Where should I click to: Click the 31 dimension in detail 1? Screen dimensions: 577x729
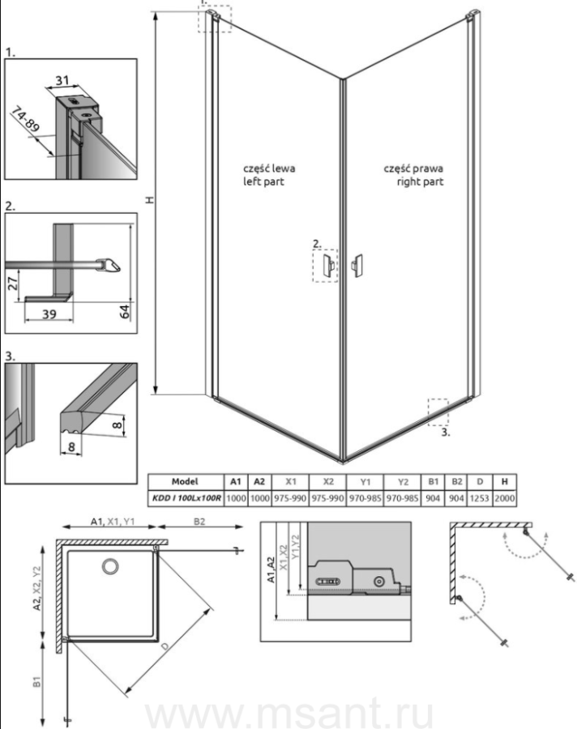coord(62,80)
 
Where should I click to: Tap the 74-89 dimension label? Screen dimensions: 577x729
coord(25,120)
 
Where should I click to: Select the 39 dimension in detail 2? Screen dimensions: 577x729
coord(49,314)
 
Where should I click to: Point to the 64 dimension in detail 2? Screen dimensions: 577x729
coord(125,312)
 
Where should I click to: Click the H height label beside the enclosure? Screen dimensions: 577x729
coord(149,200)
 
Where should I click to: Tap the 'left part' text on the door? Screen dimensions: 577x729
coord(263,181)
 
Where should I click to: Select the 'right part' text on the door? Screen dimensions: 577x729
coord(420,181)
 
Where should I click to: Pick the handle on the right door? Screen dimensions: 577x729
coord(357,266)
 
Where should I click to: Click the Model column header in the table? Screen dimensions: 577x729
coord(185,482)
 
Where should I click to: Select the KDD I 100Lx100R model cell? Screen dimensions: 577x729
coord(186,498)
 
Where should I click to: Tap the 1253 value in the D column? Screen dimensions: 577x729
coord(479,498)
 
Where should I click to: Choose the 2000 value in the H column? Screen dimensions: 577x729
coord(504,498)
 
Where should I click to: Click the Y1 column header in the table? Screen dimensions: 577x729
coord(365,482)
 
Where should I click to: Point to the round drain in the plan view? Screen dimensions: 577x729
coord(110,566)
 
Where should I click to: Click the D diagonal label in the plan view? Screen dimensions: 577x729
coord(165,647)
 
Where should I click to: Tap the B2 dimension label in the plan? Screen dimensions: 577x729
coord(199,522)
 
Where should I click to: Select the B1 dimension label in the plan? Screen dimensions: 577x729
coord(36,681)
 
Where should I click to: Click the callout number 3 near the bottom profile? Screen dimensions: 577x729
coord(446,433)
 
